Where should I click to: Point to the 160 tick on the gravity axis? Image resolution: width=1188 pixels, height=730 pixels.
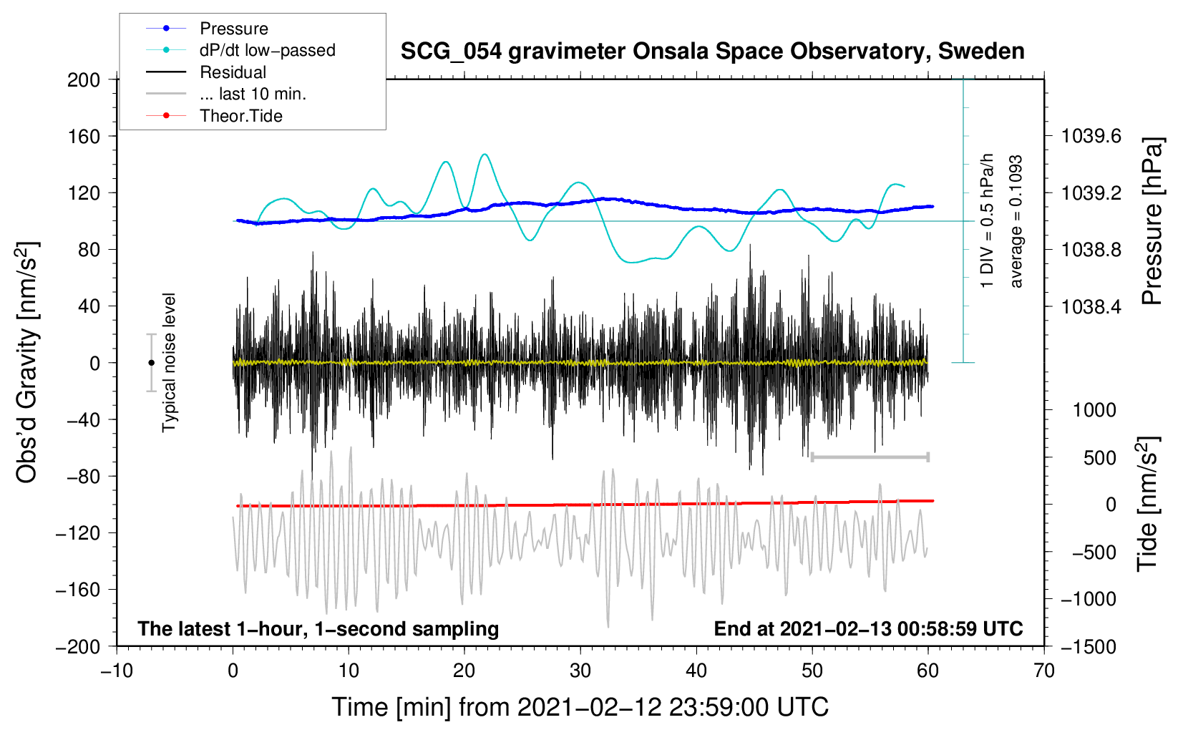click(84, 137)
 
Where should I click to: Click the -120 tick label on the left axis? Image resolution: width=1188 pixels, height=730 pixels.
click(78, 532)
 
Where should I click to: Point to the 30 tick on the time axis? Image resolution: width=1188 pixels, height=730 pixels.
click(580, 671)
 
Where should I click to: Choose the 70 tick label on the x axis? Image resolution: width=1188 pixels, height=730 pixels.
click(1043, 671)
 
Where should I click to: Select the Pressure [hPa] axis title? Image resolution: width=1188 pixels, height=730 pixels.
click(1152, 221)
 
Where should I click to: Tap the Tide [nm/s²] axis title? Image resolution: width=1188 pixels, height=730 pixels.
click(1149, 504)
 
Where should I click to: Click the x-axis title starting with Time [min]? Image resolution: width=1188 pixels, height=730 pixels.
click(580, 707)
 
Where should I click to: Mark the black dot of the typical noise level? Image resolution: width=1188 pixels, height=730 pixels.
click(151, 363)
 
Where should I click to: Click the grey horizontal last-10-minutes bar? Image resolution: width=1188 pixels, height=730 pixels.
click(870, 457)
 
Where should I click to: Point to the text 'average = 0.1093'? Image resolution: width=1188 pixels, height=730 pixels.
click(1015, 221)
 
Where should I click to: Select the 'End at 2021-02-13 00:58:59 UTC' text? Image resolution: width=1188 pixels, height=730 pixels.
click(868, 628)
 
